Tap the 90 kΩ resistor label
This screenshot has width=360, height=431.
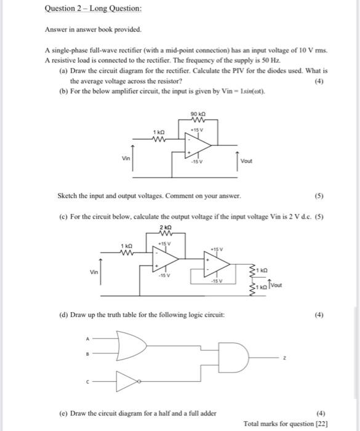198,114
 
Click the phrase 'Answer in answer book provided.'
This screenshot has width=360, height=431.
92,29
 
